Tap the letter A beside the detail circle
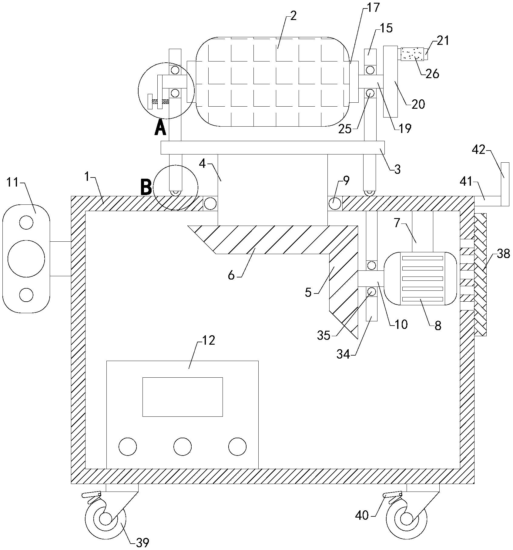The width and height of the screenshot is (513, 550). click(x=160, y=128)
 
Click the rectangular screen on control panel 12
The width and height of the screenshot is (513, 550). click(x=183, y=397)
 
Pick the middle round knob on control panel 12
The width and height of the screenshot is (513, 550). click(x=183, y=446)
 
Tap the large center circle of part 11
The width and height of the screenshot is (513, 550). click(x=26, y=259)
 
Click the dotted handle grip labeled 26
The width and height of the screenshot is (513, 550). click(x=412, y=54)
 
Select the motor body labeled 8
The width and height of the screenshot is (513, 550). click(x=420, y=279)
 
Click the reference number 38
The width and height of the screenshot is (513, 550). click(x=503, y=254)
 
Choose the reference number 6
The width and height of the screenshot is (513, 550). click(x=231, y=276)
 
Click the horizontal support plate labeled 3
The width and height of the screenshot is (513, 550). click(x=273, y=147)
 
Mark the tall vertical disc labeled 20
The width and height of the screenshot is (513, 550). click(x=391, y=81)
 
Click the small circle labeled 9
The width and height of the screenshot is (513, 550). click(x=335, y=203)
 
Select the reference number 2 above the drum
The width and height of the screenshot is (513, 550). click(x=293, y=16)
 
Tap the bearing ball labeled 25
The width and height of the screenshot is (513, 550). click(x=370, y=93)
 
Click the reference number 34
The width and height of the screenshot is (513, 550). click(x=343, y=354)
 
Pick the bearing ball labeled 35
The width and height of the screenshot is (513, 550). click(x=371, y=292)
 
